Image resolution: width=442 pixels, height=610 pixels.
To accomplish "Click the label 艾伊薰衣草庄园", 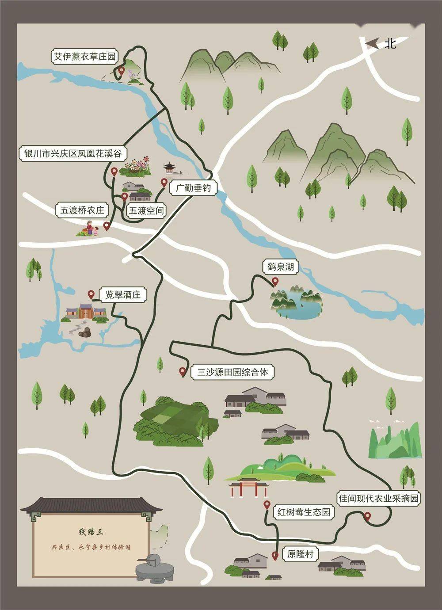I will (x=84, y=57).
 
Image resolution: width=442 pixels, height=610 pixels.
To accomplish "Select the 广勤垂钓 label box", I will (x=193, y=189).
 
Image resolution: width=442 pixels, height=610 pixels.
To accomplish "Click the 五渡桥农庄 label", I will (x=82, y=210).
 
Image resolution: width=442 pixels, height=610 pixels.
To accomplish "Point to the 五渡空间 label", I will (x=146, y=210).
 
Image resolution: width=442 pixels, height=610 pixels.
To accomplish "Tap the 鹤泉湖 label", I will (x=280, y=267).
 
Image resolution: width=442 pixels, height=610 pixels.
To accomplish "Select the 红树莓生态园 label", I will (x=304, y=512).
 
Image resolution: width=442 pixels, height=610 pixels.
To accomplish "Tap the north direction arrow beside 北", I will (x=373, y=43).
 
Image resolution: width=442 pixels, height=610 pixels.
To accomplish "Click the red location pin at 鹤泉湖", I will (x=275, y=282).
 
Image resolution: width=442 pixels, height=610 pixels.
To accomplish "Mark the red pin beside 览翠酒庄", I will (x=91, y=294).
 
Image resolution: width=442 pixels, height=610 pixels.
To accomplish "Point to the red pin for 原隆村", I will (x=275, y=556).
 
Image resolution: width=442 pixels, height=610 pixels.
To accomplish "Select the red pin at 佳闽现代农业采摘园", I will (x=366, y=516).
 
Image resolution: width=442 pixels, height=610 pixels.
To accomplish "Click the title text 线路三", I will (x=91, y=532).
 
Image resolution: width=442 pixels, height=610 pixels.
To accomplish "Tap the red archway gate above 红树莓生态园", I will (x=248, y=488).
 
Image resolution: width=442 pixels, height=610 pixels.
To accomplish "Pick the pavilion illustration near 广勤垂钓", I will (x=169, y=168).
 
